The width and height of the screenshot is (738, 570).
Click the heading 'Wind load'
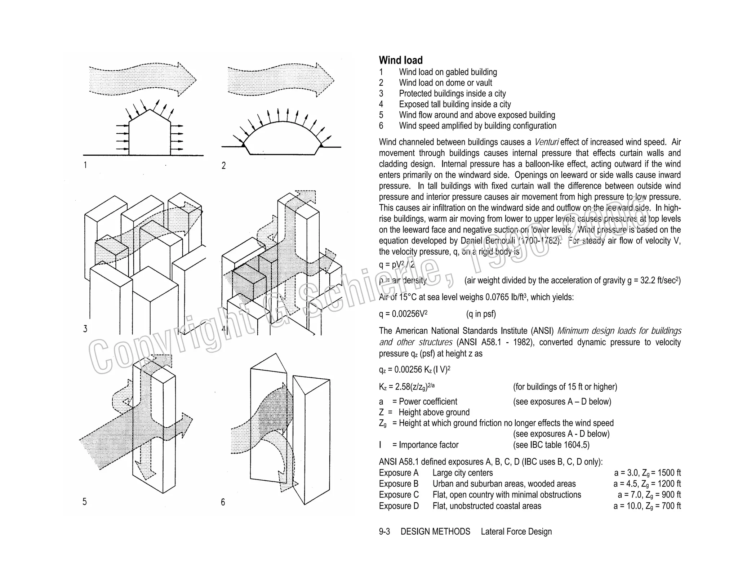401,60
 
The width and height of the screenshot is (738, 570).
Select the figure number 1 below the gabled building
85,165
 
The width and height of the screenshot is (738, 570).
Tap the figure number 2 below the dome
223,166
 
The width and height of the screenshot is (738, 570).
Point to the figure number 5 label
84,502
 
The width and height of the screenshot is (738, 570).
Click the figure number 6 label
223,502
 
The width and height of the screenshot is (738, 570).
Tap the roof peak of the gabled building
149,110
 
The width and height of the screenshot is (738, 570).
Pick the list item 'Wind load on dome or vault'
445,83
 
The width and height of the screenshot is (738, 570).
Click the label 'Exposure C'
399,495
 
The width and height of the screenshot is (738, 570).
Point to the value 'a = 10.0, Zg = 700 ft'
647,506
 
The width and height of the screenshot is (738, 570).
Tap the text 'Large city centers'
462,473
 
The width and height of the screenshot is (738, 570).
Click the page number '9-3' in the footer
384,531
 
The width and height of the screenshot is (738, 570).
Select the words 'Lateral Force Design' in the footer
516,531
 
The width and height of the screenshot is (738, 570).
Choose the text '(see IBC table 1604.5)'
551,445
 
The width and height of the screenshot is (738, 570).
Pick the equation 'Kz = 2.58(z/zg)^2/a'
407,387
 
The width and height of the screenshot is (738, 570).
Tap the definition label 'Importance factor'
428,445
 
